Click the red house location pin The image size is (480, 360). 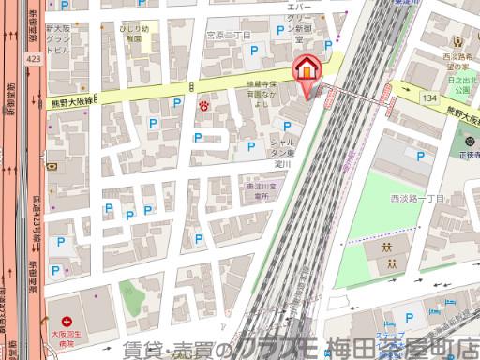click(x=307, y=69)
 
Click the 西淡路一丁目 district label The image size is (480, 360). click(x=417, y=198)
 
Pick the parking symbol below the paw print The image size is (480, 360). click(x=198, y=138)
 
